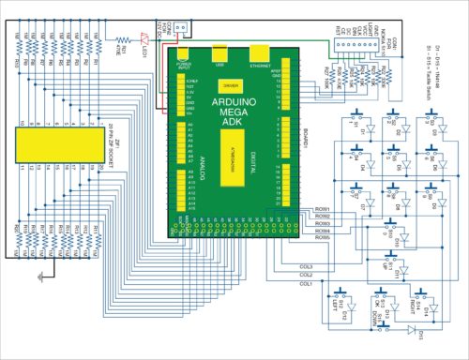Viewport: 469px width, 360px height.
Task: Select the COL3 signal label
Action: [306, 266]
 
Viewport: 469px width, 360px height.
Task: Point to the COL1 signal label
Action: [306, 282]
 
